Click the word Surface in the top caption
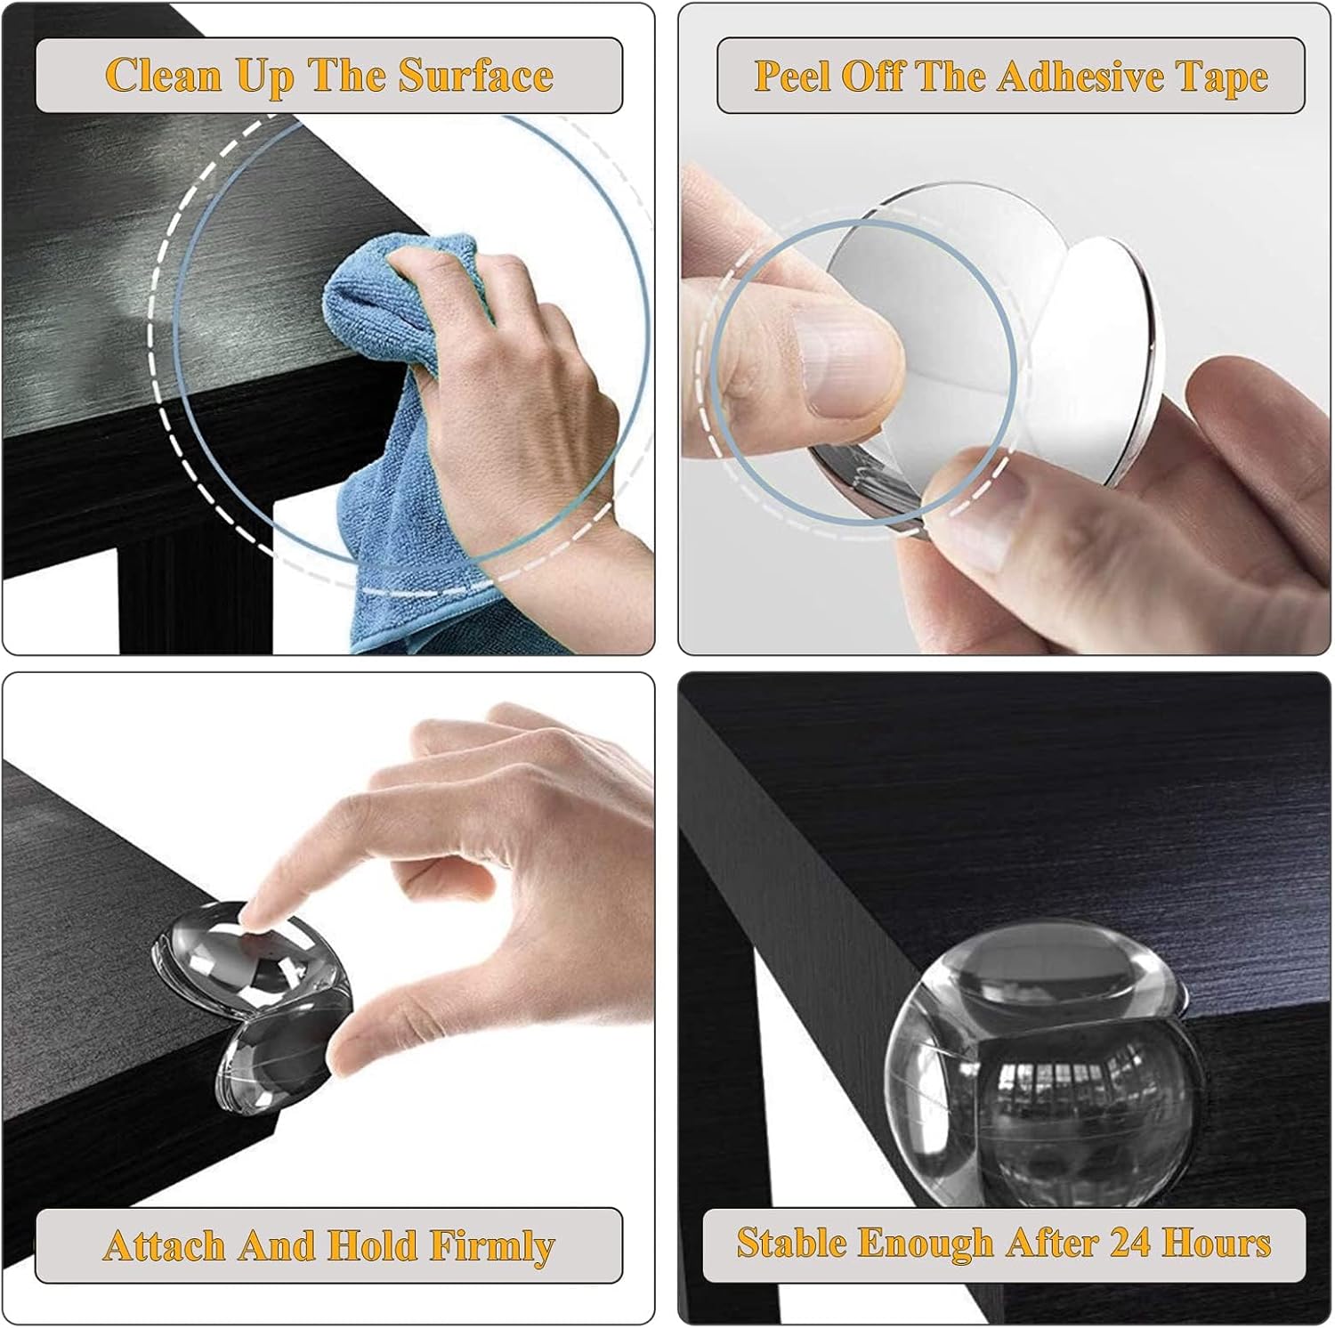[475, 75]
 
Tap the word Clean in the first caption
[164, 75]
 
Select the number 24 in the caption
[1129, 1242]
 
